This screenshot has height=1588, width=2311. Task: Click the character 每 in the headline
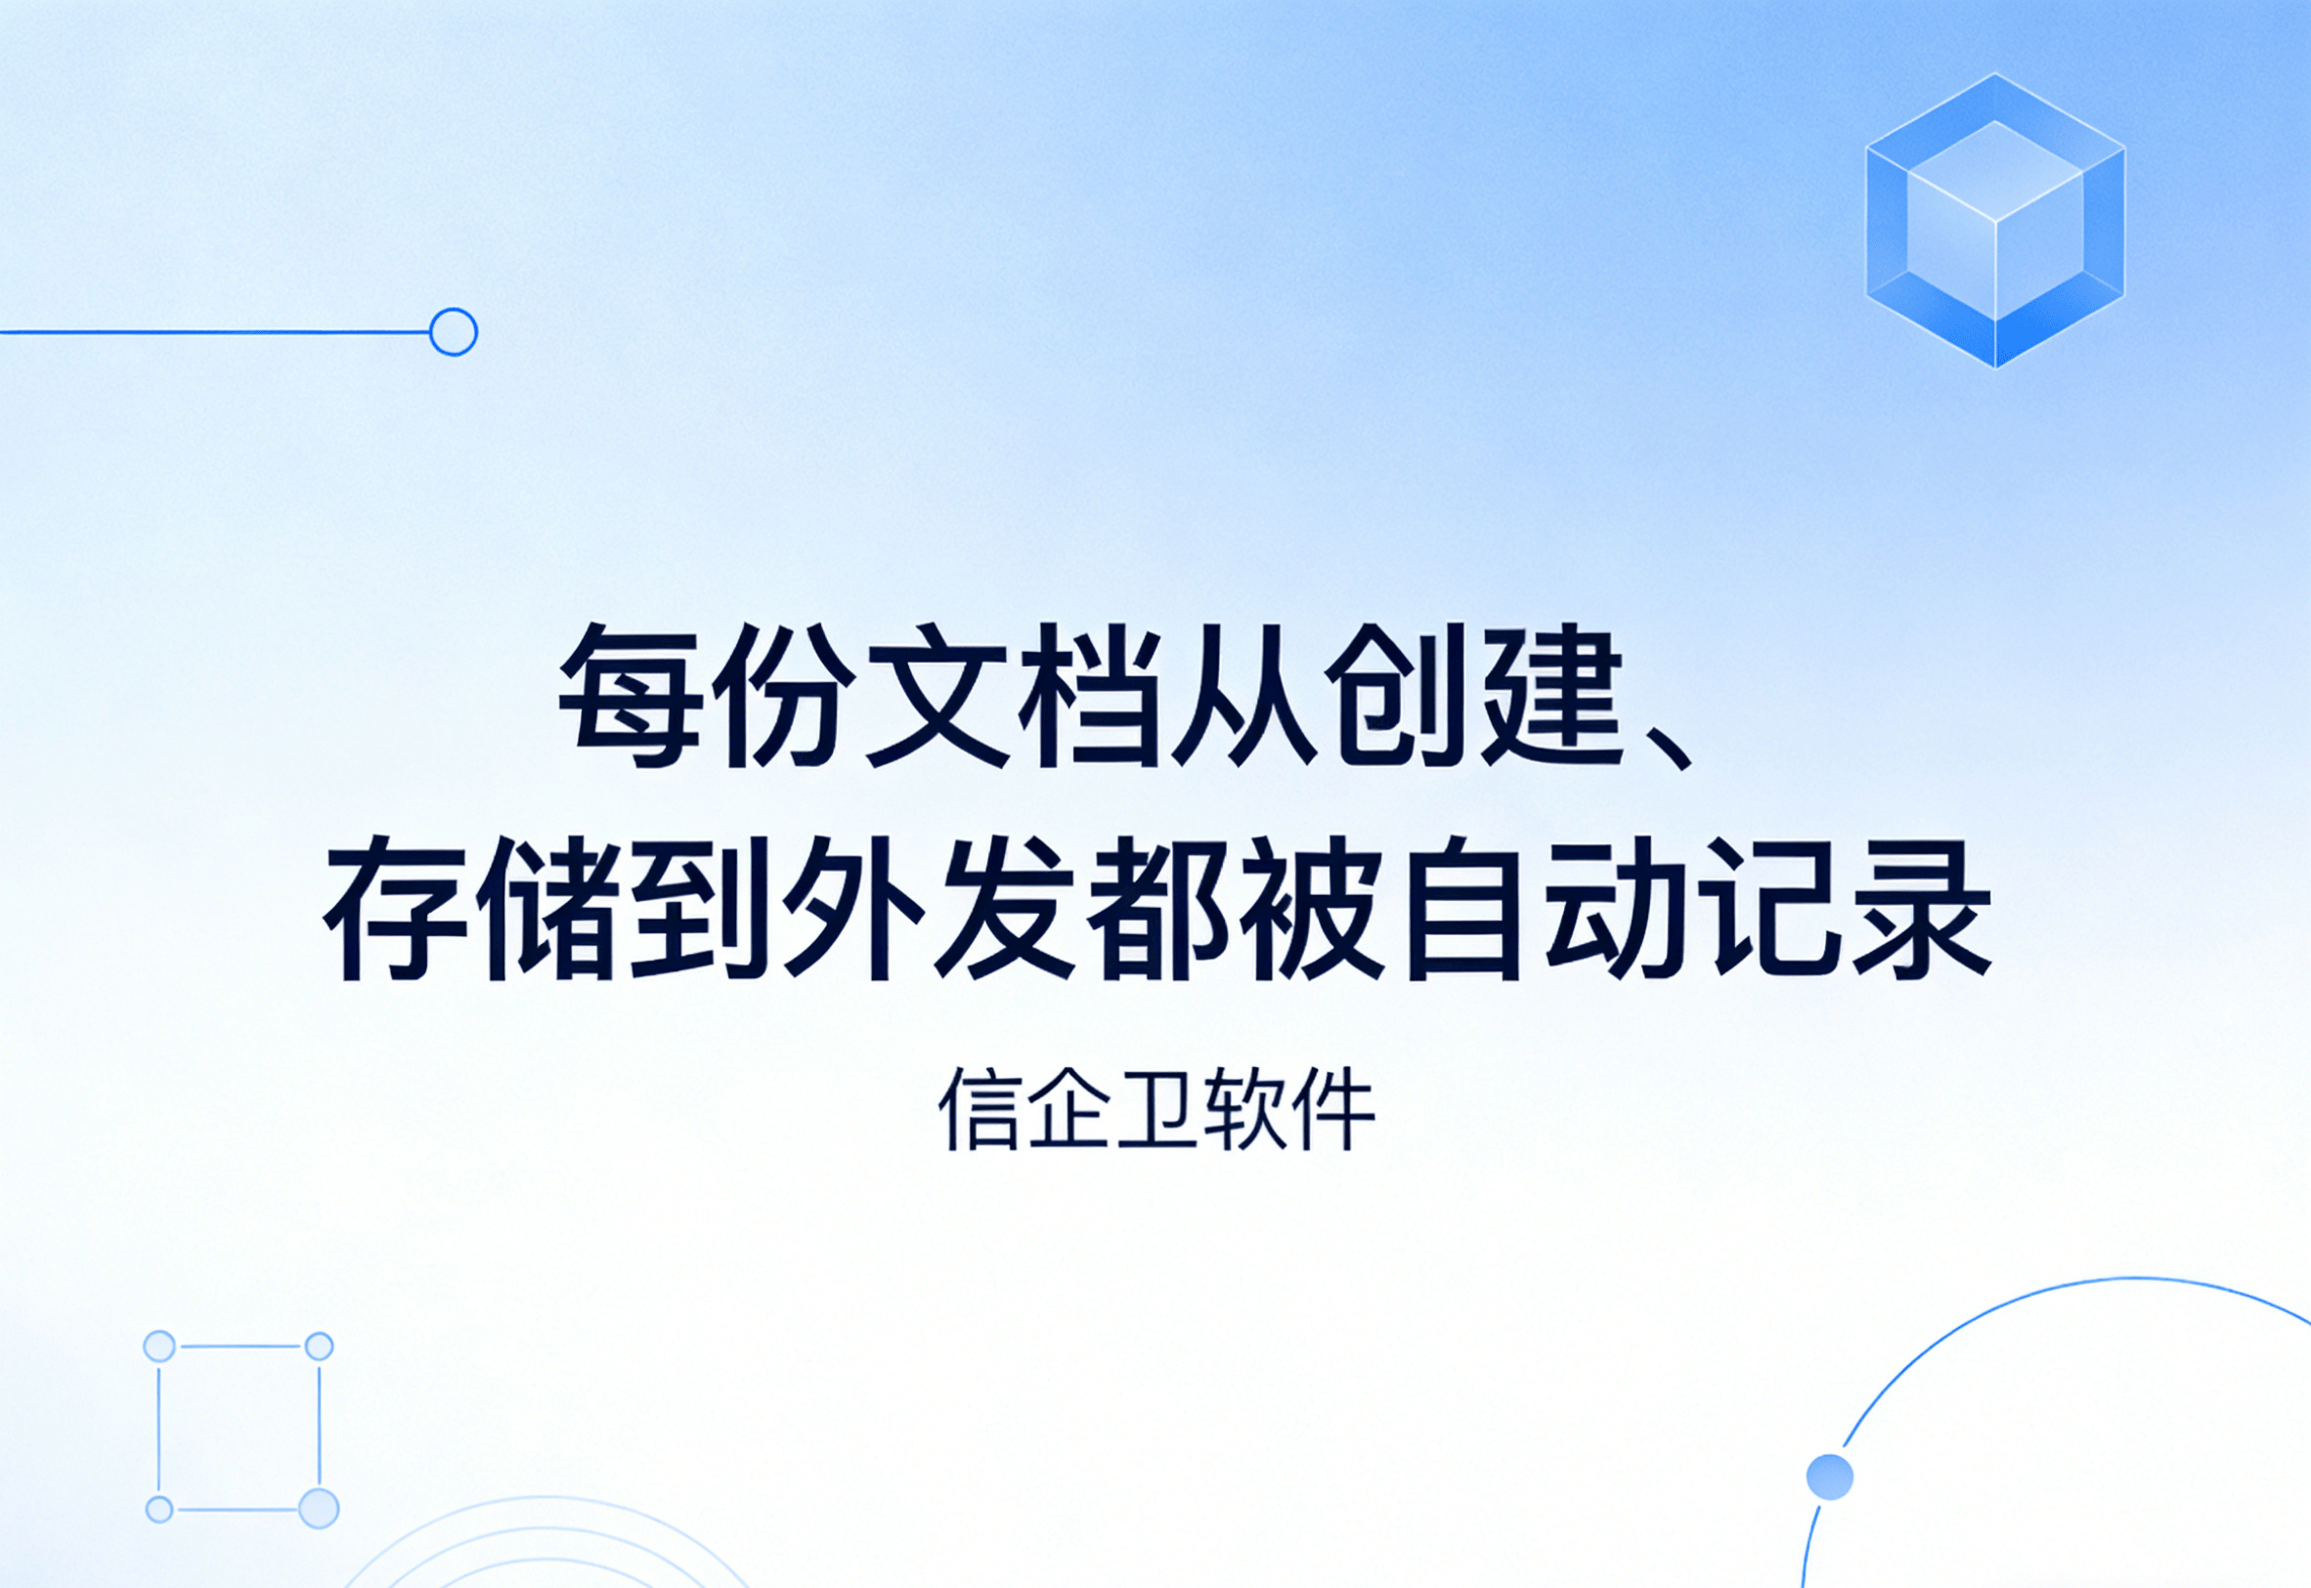tap(630, 696)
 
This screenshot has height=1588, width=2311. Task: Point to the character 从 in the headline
tap(1245, 696)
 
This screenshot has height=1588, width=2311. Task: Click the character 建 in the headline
tap(1554, 696)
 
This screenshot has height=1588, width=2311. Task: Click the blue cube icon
tap(1995, 220)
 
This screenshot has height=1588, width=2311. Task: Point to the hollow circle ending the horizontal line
tap(453, 331)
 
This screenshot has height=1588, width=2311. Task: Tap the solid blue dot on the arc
tap(1829, 1477)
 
